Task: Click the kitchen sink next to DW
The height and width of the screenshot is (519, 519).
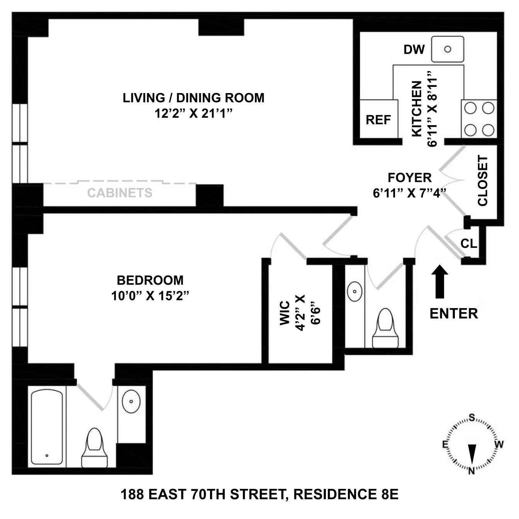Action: [448, 49]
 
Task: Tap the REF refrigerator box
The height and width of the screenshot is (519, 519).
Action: [378, 119]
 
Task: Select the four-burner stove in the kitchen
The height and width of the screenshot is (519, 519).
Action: [479, 119]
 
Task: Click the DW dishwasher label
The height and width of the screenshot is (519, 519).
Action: [414, 49]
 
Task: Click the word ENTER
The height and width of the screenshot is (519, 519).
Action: [454, 313]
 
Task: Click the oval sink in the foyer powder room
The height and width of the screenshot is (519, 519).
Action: [354, 291]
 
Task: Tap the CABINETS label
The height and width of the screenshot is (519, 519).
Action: [120, 193]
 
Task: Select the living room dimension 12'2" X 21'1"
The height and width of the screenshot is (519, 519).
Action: [193, 114]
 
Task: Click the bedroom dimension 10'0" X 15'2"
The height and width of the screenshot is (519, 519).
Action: [150, 296]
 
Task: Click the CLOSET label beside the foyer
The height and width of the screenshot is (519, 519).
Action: [483, 181]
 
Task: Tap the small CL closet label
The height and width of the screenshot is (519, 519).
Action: [469, 244]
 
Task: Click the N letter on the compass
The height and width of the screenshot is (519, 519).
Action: [472, 471]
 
